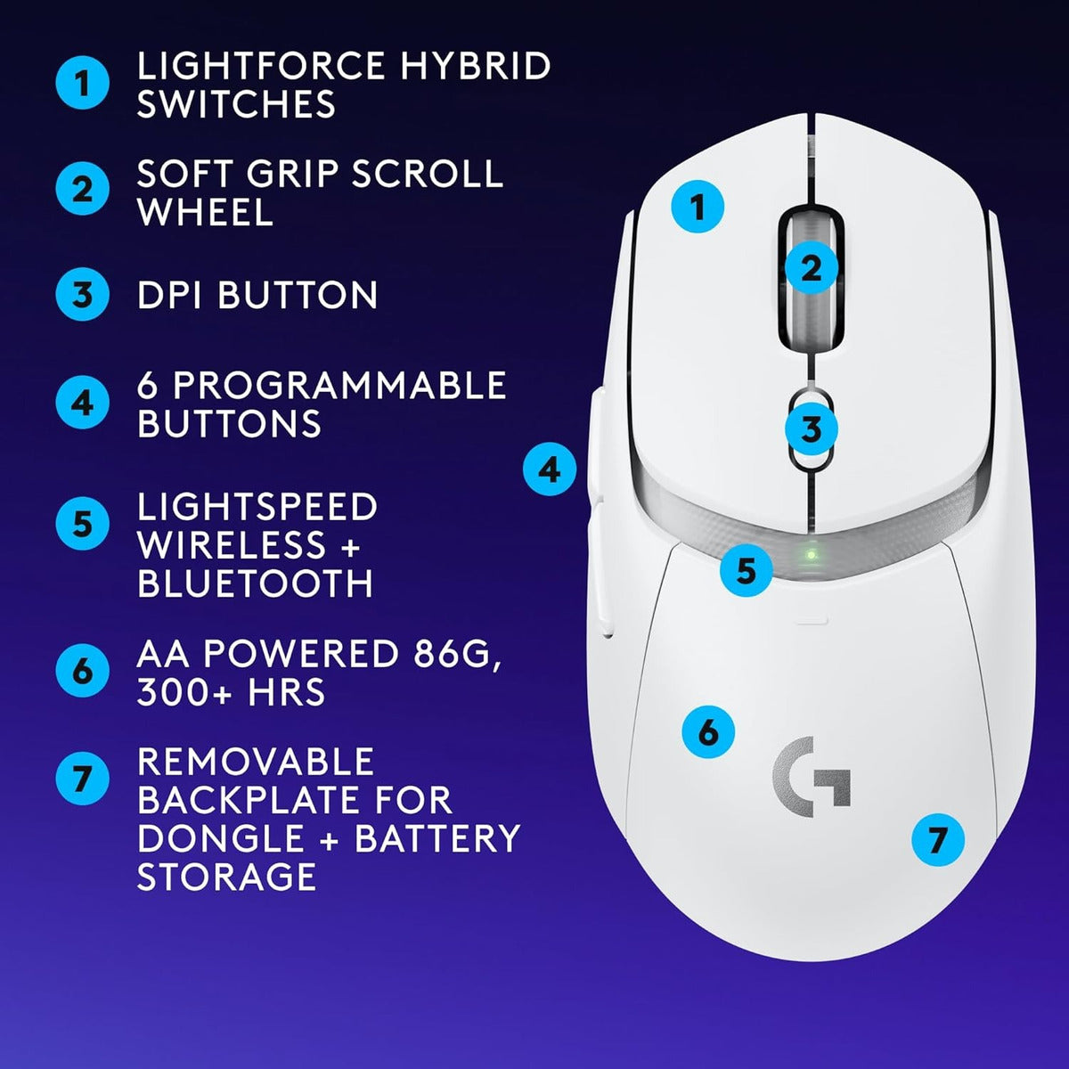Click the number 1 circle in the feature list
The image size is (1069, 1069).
(82, 85)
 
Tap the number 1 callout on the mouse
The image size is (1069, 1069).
(698, 208)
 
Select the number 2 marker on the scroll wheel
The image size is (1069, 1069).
(811, 267)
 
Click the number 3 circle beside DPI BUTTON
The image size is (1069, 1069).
(82, 295)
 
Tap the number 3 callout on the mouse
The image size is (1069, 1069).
(811, 429)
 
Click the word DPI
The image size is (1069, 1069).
(172, 295)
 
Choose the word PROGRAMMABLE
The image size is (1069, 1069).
(339, 385)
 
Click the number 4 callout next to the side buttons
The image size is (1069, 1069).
(550, 469)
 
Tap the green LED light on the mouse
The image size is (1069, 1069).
(810, 554)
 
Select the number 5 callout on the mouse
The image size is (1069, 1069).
(746, 570)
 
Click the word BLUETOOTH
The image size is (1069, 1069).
(256, 583)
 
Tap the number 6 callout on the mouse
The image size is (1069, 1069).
(707, 732)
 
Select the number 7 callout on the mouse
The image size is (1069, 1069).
(937, 839)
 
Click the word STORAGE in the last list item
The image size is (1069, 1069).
(227, 877)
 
